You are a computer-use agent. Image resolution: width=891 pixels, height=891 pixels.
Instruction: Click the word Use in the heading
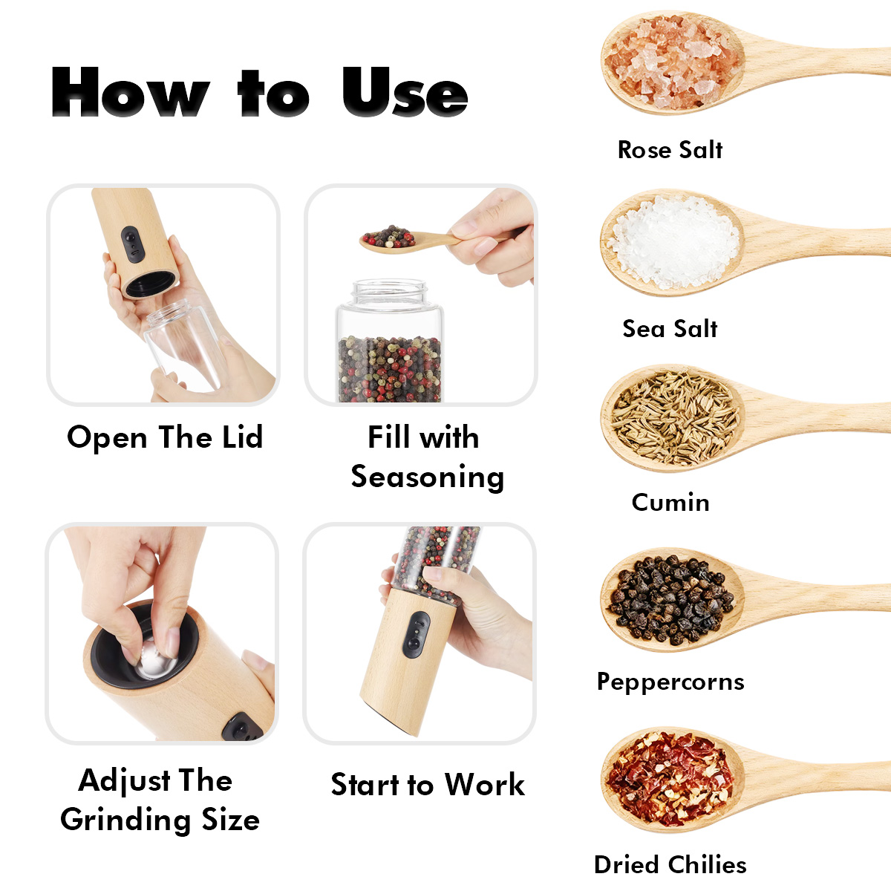pos(405,91)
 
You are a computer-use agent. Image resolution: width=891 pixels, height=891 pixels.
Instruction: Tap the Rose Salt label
pos(670,150)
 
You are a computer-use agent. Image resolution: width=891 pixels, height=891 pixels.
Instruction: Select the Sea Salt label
pos(670,329)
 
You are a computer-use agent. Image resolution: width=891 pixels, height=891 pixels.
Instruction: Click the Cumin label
pos(670,502)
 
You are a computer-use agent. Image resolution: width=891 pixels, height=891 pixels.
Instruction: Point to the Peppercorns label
pos(670,682)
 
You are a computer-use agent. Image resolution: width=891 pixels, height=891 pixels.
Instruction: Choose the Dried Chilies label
pos(670,865)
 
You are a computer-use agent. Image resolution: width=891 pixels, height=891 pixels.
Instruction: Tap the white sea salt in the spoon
pos(673,242)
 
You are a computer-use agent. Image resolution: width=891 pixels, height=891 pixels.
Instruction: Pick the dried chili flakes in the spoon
pos(670,780)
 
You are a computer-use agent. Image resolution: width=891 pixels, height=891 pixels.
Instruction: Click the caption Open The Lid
pos(165,437)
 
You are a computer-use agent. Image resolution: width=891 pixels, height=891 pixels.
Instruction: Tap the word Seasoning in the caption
pos(427,477)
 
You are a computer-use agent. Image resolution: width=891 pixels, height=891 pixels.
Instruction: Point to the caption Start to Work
pos(428,785)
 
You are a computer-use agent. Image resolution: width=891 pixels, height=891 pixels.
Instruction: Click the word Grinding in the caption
pos(125,820)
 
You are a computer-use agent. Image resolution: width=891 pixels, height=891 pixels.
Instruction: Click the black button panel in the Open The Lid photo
pos(133,244)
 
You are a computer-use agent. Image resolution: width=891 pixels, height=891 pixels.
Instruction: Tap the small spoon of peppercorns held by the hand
pos(407,240)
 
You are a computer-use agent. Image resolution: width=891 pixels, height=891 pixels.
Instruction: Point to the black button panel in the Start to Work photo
pos(416,634)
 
